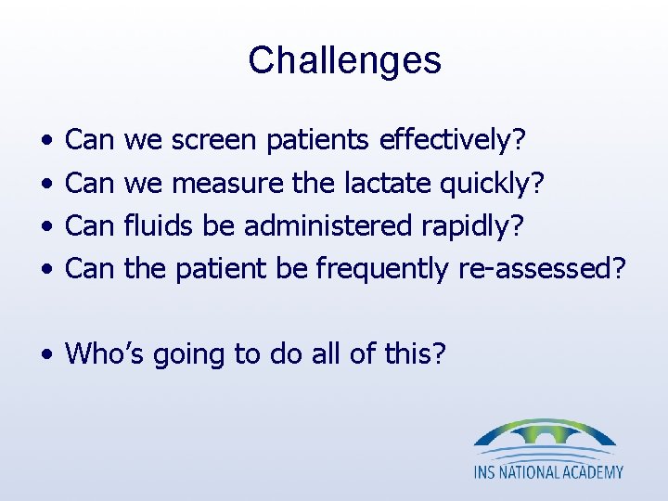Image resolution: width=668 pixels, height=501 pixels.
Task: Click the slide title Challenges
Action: click(344, 61)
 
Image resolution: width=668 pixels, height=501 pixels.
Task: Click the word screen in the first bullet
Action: click(214, 141)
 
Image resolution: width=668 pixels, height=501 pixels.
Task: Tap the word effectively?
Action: click(453, 141)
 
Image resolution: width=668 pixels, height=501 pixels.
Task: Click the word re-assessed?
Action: click(542, 269)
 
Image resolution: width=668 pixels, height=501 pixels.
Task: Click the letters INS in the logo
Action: click(488, 472)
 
